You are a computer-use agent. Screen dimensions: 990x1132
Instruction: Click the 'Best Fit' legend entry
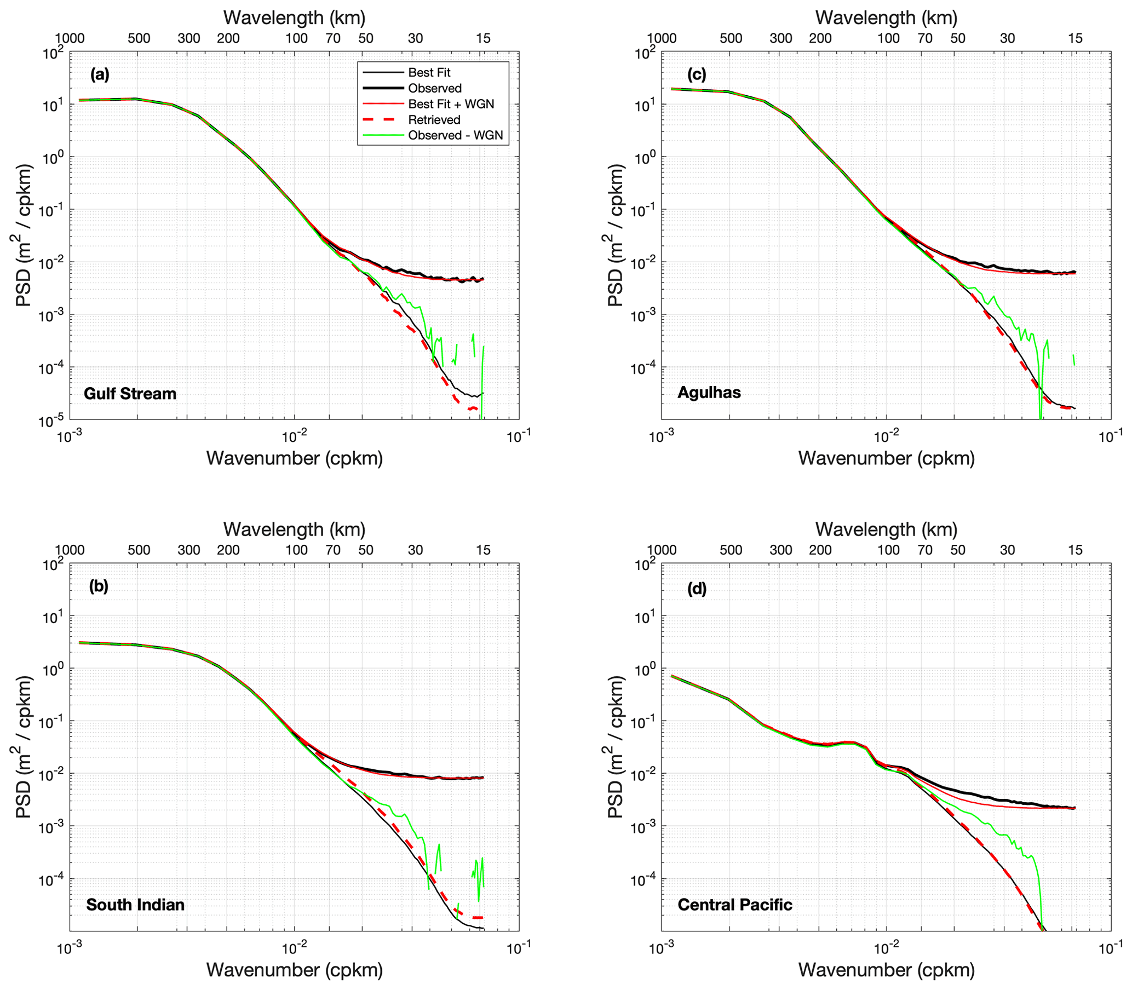[429, 72]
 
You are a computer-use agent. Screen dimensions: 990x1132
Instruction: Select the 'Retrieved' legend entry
[434, 120]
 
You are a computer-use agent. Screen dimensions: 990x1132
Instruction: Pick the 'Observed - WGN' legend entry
[456, 135]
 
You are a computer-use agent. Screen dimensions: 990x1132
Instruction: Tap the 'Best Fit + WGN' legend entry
[451, 104]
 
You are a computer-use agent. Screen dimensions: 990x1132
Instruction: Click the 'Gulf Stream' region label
[130, 394]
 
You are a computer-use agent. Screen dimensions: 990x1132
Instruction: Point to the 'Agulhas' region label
[709, 393]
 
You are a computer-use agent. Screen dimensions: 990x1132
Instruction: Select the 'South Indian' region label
[135, 905]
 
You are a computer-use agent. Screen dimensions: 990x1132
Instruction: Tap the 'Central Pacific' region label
[735, 905]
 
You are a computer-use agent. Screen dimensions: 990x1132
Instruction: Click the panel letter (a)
[100, 74]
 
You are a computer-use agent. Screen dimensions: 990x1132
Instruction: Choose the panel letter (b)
[99, 586]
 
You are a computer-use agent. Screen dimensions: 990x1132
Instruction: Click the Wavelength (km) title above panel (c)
[886, 18]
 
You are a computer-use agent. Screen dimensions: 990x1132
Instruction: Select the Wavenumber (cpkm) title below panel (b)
[295, 970]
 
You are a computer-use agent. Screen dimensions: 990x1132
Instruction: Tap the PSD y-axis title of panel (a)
[25, 235]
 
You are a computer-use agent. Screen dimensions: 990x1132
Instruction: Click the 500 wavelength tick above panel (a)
[139, 39]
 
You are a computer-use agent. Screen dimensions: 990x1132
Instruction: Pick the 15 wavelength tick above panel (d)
[1074, 550]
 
